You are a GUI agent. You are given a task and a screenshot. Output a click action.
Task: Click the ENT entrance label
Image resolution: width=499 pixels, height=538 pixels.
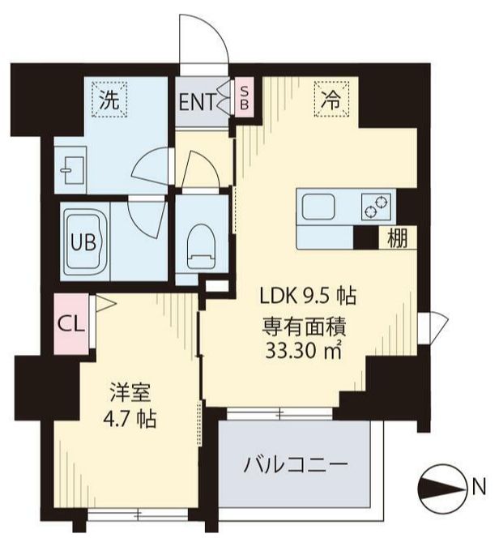198,102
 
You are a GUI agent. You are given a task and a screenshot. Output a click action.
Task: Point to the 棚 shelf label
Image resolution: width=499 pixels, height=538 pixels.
395,238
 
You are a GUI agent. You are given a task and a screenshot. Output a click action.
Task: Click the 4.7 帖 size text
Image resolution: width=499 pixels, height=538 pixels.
129,422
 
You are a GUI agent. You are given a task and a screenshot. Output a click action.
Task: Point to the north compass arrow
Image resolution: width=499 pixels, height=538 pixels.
441,488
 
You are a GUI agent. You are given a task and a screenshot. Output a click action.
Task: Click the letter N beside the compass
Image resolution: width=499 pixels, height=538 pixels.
479,488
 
